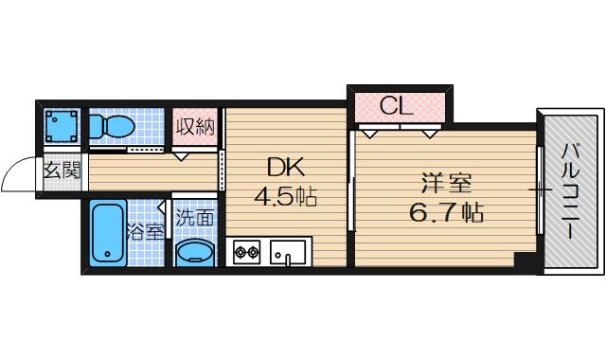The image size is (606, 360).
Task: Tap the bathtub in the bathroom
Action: (106, 235)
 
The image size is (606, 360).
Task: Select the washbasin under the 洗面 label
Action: (195, 253)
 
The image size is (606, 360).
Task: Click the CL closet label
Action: (397, 105)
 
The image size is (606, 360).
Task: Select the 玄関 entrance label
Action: (62, 171)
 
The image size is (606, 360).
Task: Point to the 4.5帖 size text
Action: (284, 198)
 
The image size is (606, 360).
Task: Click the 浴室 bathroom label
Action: (148, 230)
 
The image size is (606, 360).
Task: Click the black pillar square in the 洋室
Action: (524, 259)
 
